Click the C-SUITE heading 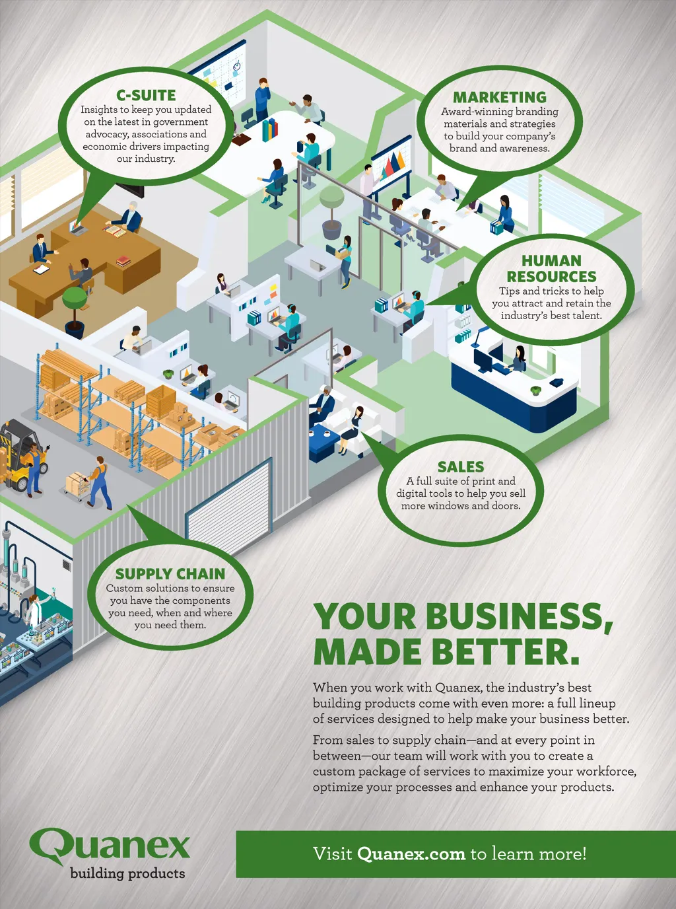pyautogui.click(x=146, y=95)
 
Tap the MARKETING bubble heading pyautogui.click(x=500, y=97)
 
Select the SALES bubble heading pyautogui.click(x=461, y=466)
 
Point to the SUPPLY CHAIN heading pyautogui.click(x=170, y=573)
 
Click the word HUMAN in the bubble pyautogui.click(x=551, y=261)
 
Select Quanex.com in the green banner pyautogui.click(x=411, y=854)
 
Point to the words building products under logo pyautogui.click(x=127, y=873)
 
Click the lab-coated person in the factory pyautogui.click(x=33, y=610)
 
